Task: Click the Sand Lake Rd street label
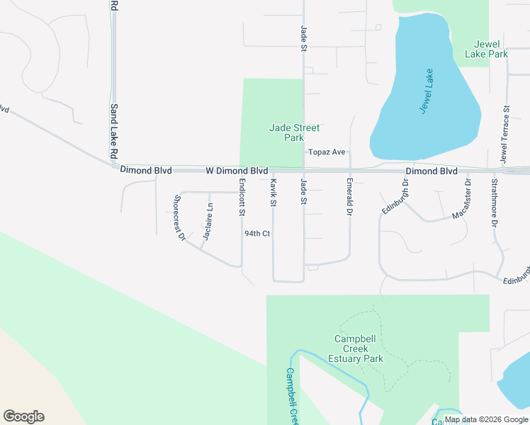[113, 131]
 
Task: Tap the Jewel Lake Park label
[486, 49]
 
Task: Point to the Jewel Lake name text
[427, 92]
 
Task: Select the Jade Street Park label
[294, 132]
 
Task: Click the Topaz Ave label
[326, 152]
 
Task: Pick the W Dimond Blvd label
[237, 171]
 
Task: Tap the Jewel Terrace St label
[505, 135]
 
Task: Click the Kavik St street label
[273, 192]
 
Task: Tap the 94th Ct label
[257, 233]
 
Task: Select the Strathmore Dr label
[495, 203]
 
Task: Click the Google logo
[23, 416]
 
